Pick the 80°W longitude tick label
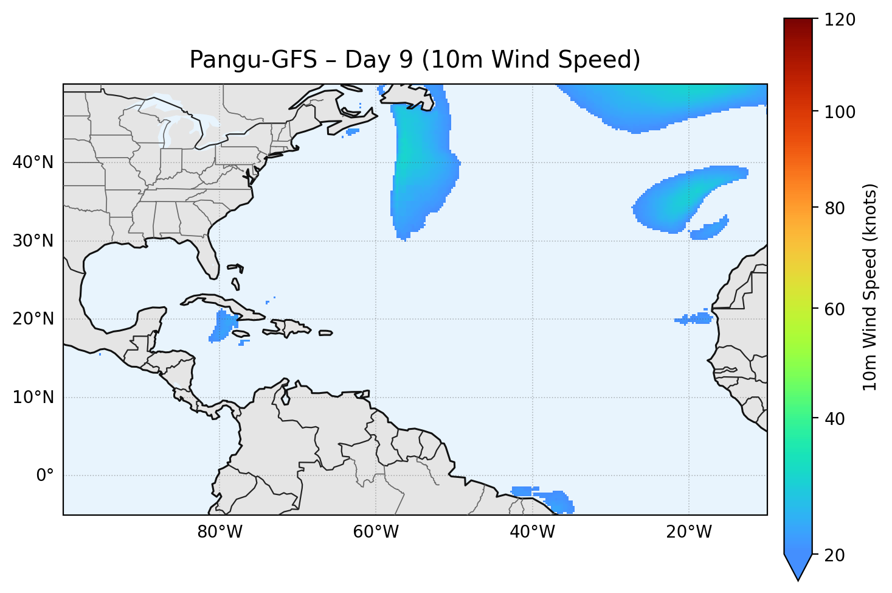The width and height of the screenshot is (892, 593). click(x=220, y=532)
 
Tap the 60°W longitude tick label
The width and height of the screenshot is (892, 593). click(x=376, y=532)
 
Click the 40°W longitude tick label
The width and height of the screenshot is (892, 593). click(x=532, y=532)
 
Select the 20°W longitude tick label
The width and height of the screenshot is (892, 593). click(x=688, y=532)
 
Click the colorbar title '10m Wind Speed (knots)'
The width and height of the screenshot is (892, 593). click(x=870, y=287)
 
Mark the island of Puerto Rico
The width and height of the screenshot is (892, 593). click(x=326, y=333)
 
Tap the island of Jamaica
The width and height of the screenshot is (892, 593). click(x=241, y=334)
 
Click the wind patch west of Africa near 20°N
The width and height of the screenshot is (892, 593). click(x=695, y=319)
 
